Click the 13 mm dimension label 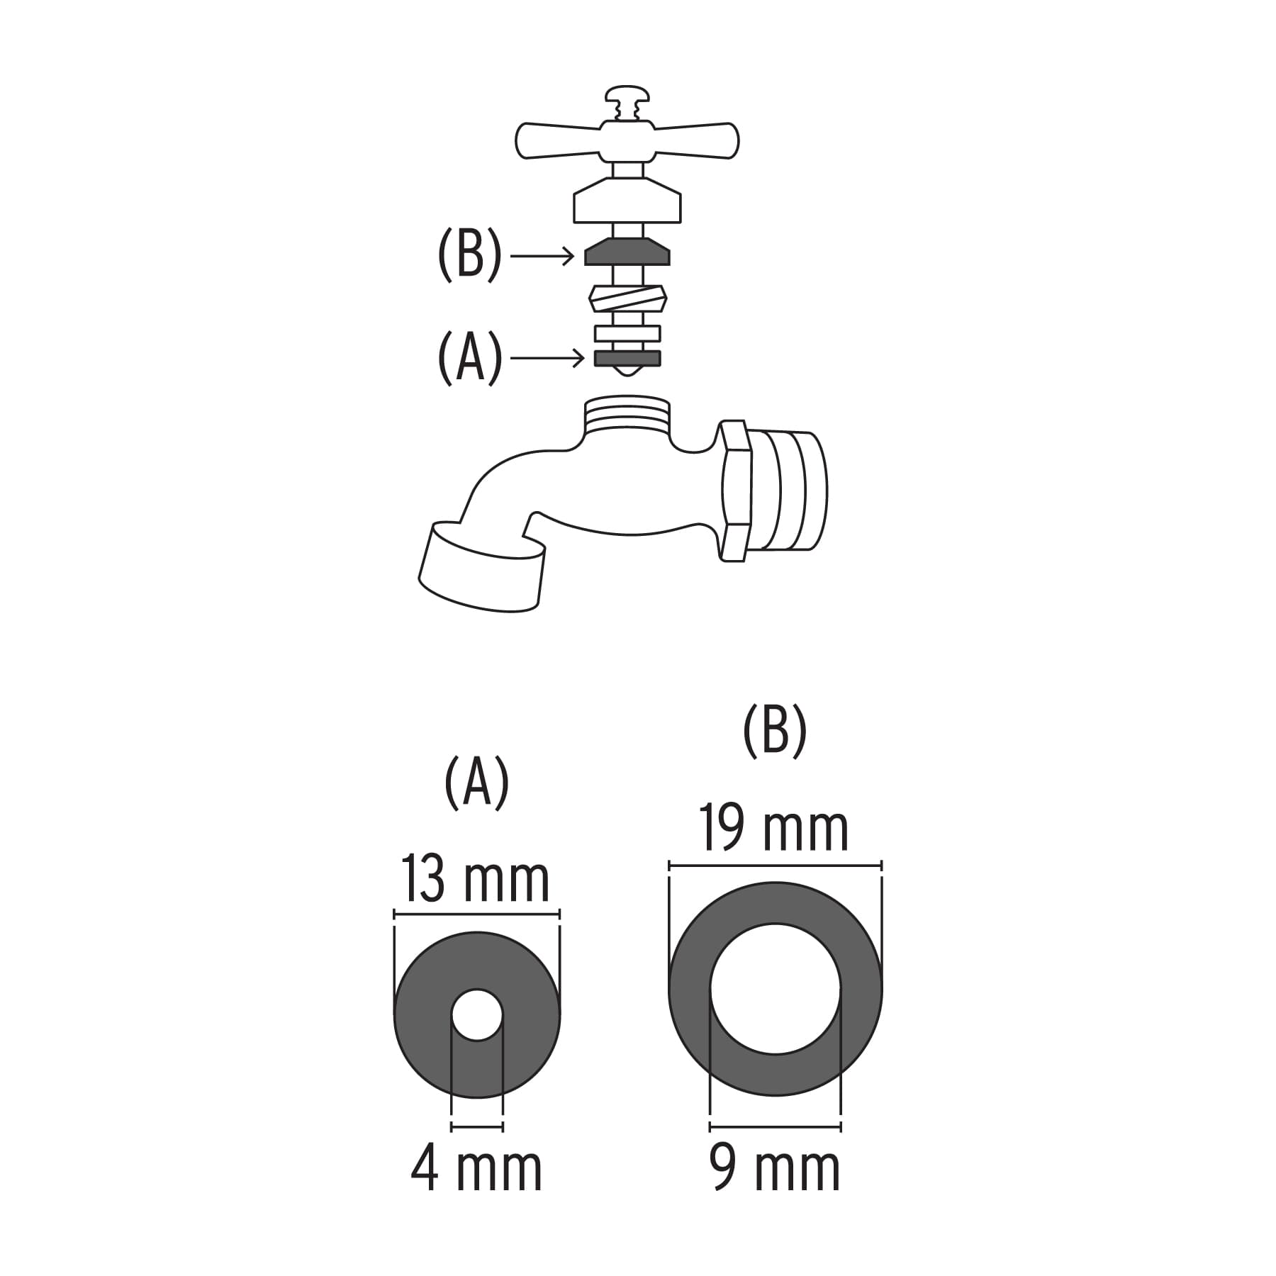[x=476, y=879]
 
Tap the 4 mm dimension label [x=476, y=1168]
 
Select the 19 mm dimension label [x=775, y=828]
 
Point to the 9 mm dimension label [x=775, y=1168]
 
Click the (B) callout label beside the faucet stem [x=469, y=255]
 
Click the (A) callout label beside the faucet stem [x=470, y=358]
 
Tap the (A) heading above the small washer [x=476, y=782]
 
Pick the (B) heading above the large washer [x=775, y=731]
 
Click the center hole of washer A [x=477, y=1014]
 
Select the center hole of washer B [x=776, y=988]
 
